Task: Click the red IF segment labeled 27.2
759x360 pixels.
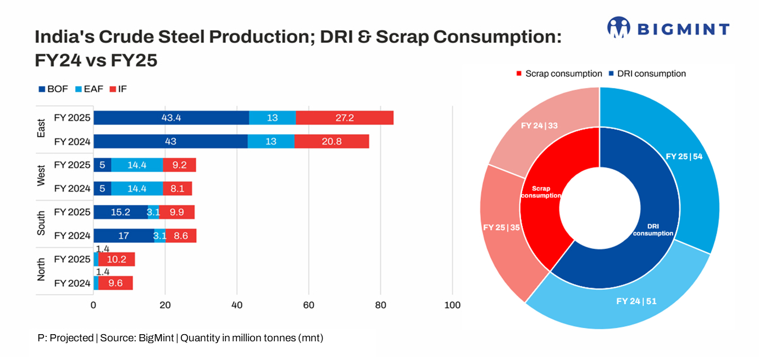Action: click(x=344, y=118)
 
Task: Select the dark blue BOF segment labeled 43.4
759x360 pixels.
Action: click(x=171, y=118)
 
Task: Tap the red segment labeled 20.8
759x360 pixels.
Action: click(x=331, y=141)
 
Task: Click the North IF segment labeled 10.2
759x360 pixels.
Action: click(x=117, y=259)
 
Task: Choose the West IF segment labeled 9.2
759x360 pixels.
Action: click(x=179, y=165)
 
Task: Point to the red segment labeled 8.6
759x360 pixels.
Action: click(x=181, y=236)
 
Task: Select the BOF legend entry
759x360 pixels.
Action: click(x=53, y=89)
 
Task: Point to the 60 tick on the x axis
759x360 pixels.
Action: click(x=309, y=306)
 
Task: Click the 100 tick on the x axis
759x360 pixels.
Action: click(x=452, y=306)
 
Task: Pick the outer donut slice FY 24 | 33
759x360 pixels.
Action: click(x=539, y=126)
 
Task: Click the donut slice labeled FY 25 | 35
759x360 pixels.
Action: click(x=502, y=227)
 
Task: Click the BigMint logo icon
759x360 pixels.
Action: click(x=619, y=27)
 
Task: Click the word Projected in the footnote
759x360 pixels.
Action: click(x=71, y=338)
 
